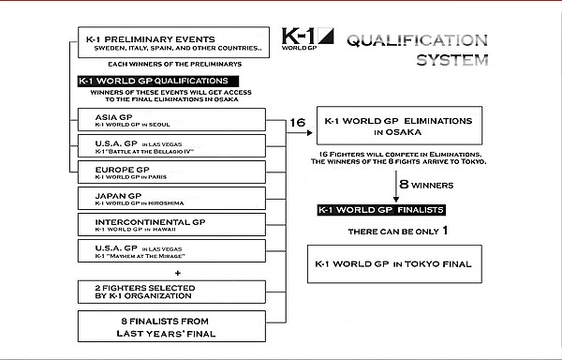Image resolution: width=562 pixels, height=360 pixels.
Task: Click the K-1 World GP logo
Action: [307, 38]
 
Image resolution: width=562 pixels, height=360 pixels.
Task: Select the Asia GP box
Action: [171, 120]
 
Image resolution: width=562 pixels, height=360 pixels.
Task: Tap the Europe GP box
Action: [171, 172]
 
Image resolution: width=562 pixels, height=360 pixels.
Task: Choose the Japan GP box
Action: [171, 199]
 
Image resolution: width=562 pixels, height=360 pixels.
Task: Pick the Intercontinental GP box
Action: [171, 224]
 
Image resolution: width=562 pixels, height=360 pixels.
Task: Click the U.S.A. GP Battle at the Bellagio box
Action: [171, 146]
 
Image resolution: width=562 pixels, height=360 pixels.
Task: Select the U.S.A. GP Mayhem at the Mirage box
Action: [171, 250]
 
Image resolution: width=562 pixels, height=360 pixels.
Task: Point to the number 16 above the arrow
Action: [298, 123]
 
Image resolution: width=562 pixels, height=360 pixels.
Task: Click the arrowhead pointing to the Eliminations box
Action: [309, 133]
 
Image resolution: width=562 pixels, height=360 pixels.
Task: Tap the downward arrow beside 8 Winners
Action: [396, 187]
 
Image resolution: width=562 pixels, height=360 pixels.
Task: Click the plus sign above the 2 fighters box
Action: [177, 273]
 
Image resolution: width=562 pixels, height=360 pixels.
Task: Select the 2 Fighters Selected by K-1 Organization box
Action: [171, 292]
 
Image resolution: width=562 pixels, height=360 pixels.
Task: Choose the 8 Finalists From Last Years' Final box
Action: [171, 326]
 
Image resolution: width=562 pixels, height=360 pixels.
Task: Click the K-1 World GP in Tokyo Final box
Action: [394, 264]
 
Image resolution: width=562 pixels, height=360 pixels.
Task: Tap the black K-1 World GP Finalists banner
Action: [381, 210]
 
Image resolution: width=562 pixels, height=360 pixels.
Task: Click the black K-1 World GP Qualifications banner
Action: [158, 81]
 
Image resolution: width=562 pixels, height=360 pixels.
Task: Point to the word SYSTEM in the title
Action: [452, 60]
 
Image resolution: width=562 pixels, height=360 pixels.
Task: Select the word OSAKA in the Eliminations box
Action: [404, 132]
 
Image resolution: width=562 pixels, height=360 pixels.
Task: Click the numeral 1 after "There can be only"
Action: [445, 231]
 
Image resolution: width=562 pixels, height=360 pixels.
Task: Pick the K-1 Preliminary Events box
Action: [174, 42]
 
